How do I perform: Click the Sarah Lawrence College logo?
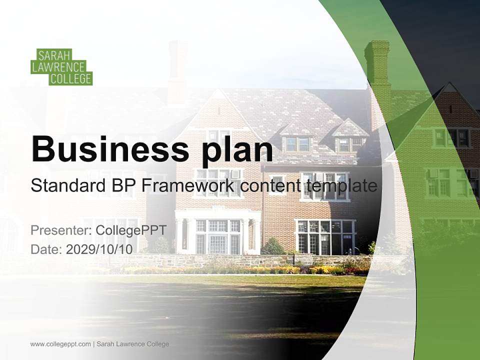coord(61,66)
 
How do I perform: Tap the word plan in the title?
coord(237,150)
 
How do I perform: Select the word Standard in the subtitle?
coord(65,186)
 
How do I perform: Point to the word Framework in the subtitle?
coord(187,186)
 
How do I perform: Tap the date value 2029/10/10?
coord(99,249)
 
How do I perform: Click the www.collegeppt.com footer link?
coord(60,344)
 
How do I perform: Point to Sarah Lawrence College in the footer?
coord(132,344)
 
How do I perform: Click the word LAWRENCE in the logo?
coord(58,67)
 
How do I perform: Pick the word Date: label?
coord(46,249)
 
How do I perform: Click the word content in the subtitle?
coord(270,186)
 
